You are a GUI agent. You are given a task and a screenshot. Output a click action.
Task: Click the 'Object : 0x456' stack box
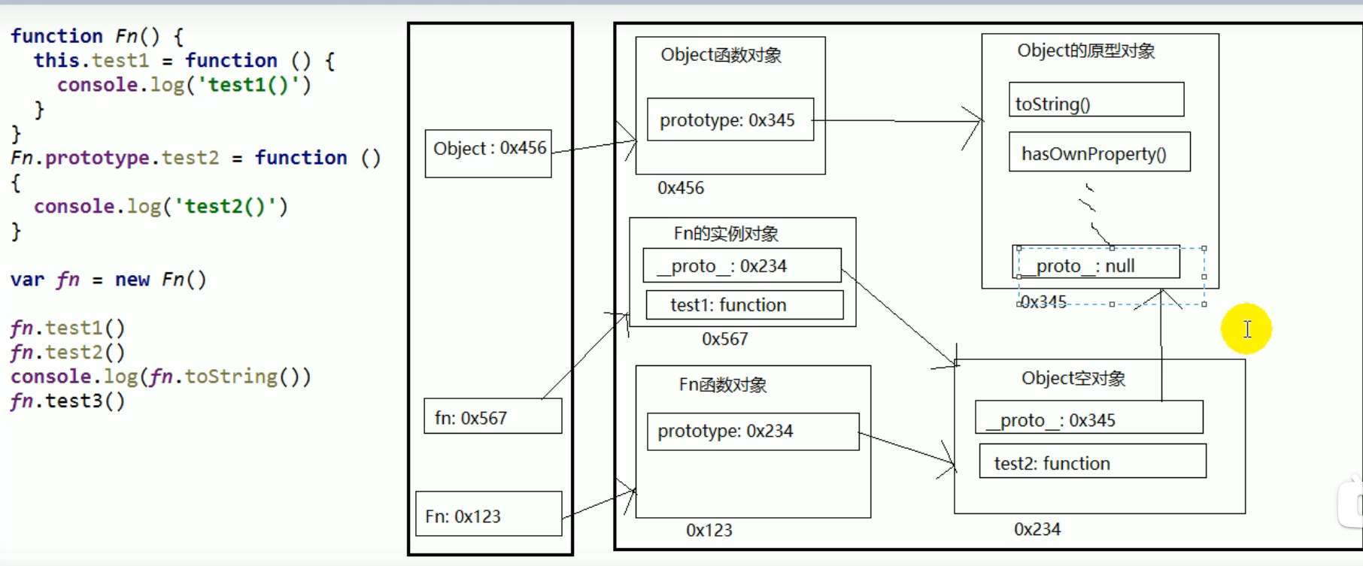(488, 153)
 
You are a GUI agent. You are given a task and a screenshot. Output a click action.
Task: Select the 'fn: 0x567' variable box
(493, 416)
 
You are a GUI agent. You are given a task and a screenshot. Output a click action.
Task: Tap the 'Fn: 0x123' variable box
(488, 514)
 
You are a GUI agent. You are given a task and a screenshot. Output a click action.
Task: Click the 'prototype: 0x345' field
(730, 120)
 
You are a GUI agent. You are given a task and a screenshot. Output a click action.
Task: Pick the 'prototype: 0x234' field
(752, 431)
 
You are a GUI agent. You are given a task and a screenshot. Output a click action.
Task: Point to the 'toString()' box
(1096, 100)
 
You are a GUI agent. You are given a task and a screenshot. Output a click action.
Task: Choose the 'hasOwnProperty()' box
(1099, 153)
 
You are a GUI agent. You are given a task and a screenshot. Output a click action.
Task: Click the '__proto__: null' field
(1097, 264)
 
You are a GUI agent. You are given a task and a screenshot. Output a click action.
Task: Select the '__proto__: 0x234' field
(742, 266)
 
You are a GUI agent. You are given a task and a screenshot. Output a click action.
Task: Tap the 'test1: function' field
(744, 305)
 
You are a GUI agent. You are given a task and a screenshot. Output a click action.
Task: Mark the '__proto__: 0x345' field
(1088, 418)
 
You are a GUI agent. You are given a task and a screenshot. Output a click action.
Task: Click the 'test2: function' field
(1092, 462)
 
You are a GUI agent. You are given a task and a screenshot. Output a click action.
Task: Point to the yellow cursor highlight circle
(1246, 328)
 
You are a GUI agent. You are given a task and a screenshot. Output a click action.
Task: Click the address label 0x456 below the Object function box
(681, 188)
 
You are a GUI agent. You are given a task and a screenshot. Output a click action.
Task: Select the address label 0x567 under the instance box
(724, 339)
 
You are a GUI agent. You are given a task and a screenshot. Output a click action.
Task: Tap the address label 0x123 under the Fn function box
(709, 530)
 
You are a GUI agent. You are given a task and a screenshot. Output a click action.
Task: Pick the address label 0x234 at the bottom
(1037, 529)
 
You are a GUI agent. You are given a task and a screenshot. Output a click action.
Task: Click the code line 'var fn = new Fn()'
(108, 280)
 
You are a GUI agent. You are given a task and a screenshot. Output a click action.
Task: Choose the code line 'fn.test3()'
(68, 401)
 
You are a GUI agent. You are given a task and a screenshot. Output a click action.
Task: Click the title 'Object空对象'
(1073, 378)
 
